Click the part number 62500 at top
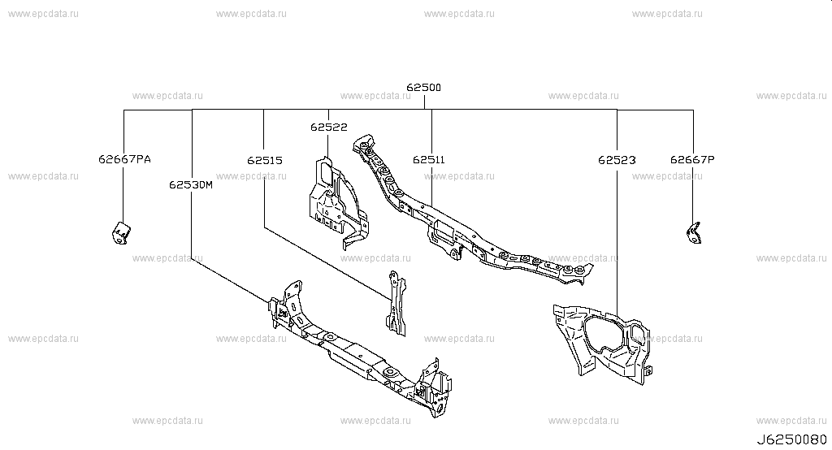coord(423,88)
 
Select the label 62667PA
coord(124,159)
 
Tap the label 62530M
coord(191,184)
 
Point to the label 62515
coord(265,160)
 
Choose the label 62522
coord(329,127)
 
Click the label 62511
coord(429,160)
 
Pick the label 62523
coord(617,160)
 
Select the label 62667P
coord(692,159)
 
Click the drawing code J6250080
coord(791,440)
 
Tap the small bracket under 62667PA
coord(122,233)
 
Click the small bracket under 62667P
coord(694,233)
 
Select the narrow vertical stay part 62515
coord(396,304)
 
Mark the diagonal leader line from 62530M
coord(231,281)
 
